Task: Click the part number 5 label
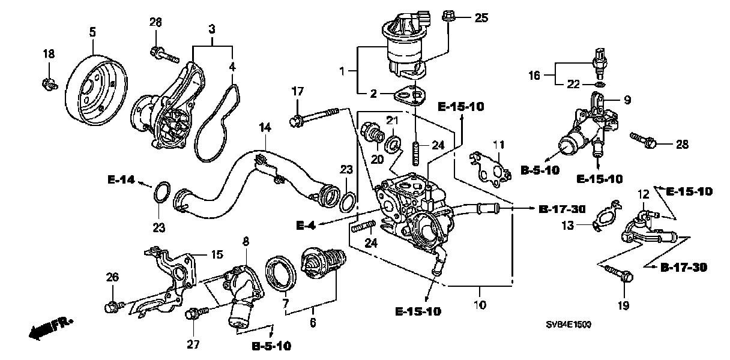[92, 32]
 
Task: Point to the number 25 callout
[481, 17]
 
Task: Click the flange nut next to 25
[448, 16]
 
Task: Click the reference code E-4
[306, 226]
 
